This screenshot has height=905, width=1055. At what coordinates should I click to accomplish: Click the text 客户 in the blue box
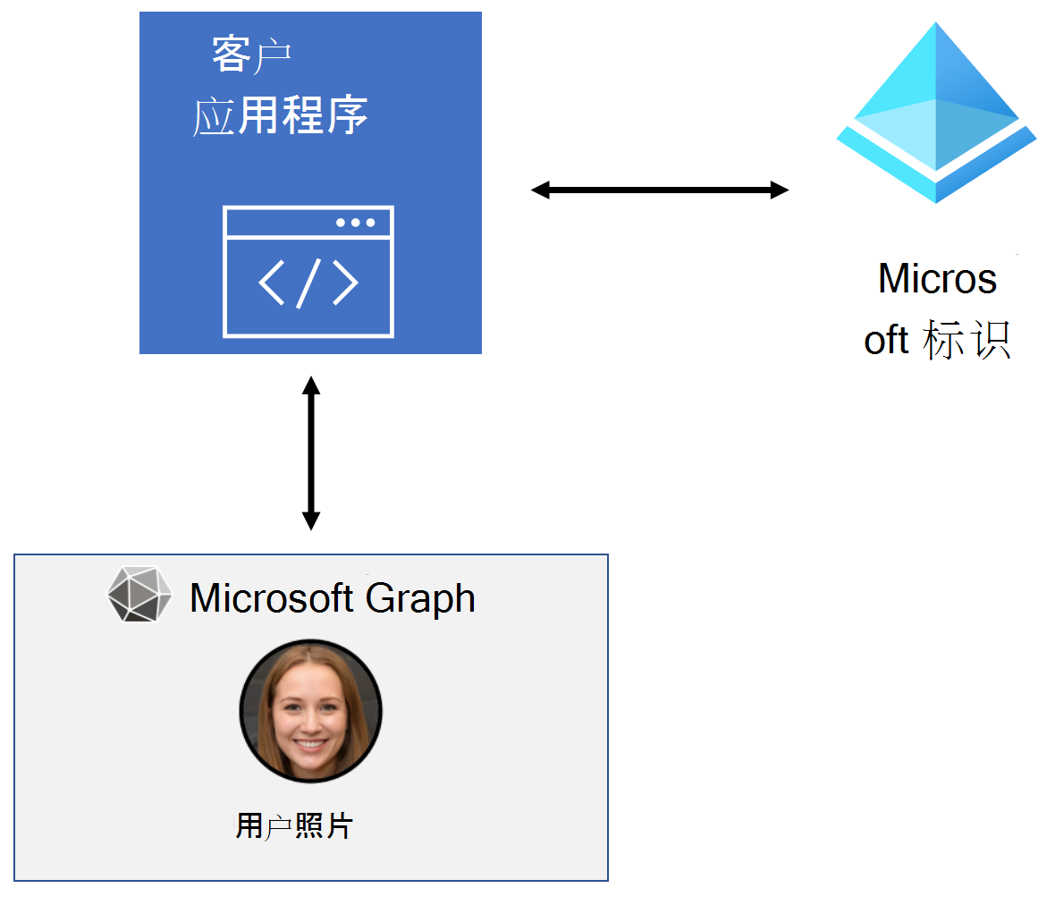click(251, 55)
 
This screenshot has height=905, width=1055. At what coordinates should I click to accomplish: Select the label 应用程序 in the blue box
click(281, 116)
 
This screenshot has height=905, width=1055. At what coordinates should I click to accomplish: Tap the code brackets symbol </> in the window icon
click(308, 283)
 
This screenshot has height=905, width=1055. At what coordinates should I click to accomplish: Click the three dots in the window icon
click(355, 223)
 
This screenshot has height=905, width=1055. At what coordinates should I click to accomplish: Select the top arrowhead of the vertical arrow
click(310, 385)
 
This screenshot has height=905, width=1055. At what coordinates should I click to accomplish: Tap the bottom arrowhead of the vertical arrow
click(310, 520)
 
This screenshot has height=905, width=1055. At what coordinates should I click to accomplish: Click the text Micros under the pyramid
click(937, 279)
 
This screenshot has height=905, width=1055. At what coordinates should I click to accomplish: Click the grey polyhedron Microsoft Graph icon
click(139, 594)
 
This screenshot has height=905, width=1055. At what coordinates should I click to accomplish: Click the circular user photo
click(310, 711)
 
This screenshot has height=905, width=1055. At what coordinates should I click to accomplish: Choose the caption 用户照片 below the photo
click(294, 825)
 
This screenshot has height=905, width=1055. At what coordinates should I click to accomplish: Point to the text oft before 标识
click(886, 341)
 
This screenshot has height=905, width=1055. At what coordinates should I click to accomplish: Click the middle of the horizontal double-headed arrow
click(660, 190)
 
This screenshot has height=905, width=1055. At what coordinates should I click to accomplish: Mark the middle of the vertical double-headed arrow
click(310, 453)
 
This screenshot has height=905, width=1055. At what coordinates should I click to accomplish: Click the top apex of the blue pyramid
click(936, 25)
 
